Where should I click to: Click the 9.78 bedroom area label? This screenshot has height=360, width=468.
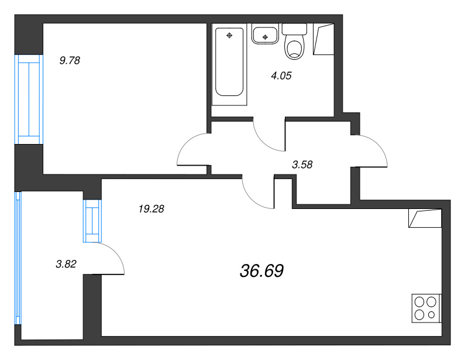pos(70,61)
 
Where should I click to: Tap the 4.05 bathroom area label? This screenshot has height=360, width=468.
pos(281,76)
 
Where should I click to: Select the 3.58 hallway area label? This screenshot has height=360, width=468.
pos(302,164)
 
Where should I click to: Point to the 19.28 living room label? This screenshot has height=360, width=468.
pos(152,209)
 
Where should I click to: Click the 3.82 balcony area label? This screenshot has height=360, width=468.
pos(66,264)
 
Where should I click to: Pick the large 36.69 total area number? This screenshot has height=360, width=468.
pos(261,271)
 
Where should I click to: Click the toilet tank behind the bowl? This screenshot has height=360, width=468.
pos(294,29)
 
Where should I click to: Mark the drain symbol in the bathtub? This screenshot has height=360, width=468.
pos(229,36)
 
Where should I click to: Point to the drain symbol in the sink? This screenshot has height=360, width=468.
pos(265,37)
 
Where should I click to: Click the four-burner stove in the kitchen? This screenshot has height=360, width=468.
pos(426,308)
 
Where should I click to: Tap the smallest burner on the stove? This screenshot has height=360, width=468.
pos(431,314)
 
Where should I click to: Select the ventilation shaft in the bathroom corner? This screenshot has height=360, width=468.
pos(324,39)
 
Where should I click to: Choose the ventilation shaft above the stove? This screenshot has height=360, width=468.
pos(425,218)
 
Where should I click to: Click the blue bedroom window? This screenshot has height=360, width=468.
pos(29,100)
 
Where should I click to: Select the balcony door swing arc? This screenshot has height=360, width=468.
pos(116,252)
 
